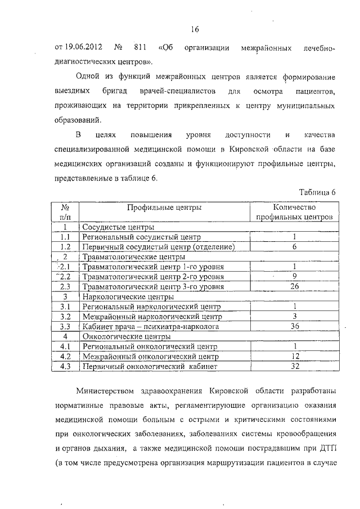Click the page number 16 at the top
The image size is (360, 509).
pos(195,29)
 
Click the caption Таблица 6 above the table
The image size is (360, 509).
pos(317,191)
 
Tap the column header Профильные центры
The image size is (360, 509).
pos(164,207)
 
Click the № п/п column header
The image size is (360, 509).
pos(65,211)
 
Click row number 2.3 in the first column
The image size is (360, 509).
pos(65,287)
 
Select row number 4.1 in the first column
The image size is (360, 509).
pos(65,346)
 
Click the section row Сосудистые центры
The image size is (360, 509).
pos(118,227)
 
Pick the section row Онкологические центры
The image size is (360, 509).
pos(125,336)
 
